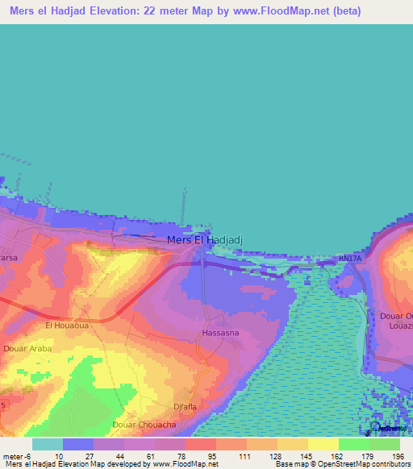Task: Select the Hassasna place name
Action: (x=219, y=333)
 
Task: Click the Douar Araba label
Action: (x=28, y=349)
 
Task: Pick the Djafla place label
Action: (x=185, y=407)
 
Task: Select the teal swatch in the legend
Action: (x=47, y=444)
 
